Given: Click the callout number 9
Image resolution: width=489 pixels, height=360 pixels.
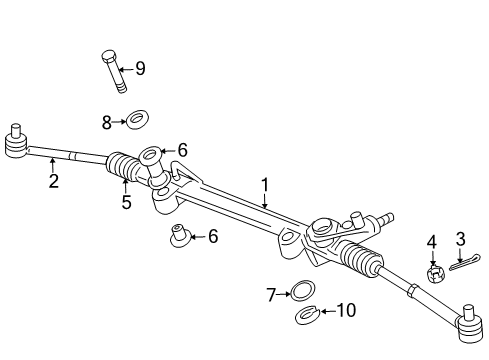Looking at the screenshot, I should [x=140, y=69].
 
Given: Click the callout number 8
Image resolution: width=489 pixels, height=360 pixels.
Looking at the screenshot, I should [x=107, y=122].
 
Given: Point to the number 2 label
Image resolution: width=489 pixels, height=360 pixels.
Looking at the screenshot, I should [x=53, y=182].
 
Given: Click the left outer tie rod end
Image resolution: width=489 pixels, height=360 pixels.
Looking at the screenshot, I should [x=16, y=141].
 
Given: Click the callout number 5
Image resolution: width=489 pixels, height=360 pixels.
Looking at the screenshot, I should [x=126, y=203].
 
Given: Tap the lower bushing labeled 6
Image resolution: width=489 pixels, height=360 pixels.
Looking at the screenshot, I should [x=181, y=237].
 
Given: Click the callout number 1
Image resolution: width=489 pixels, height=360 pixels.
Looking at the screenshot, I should [x=265, y=184].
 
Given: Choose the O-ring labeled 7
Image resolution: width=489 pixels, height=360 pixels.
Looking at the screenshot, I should [x=298, y=293].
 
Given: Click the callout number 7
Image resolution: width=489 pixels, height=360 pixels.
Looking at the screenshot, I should [x=270, y=294].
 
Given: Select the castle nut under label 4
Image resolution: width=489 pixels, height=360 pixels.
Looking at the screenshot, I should [x=436, y=273].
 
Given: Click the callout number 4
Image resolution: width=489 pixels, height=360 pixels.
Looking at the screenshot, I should [x=432, y=242].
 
